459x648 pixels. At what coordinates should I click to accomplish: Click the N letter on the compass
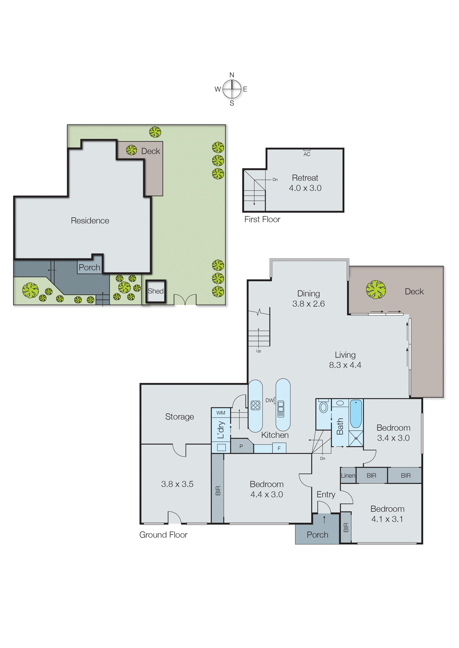[232, 75]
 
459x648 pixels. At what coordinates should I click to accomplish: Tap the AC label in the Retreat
[307, 154]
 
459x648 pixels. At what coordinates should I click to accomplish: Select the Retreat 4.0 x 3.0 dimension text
[305, 188]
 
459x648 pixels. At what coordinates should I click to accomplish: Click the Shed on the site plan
[156, 291]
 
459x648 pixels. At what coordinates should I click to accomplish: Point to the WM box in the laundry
[221, 413]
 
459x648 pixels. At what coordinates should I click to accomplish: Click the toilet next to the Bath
[323, 407]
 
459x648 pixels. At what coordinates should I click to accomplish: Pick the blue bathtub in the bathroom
[356, 414]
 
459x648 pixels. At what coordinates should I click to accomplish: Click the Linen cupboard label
[348, 476]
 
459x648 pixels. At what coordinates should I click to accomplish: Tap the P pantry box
[241, 447]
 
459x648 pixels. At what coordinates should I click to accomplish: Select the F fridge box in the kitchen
[279, 448]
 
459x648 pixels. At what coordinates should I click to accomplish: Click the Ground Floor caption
[163, 535]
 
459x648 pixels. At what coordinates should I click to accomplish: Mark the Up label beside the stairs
[258, 351]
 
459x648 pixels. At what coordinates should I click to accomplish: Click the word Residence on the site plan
[90, 221]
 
